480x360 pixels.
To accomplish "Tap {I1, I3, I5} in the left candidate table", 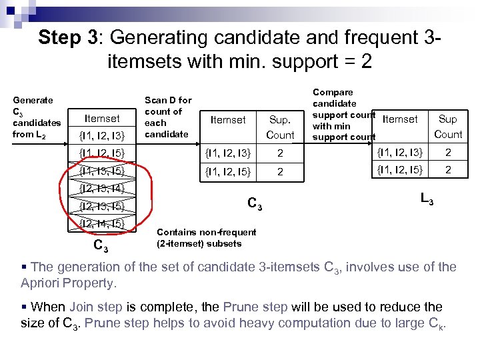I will click(x=102, y=171).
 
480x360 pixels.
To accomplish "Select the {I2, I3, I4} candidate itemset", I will click(x=102, y=189).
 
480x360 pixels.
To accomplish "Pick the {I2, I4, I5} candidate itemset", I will click(x=102, y=223).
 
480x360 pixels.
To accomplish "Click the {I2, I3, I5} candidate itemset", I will click(x=102, y=206).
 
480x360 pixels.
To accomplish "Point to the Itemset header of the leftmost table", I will click(x=102, y=119).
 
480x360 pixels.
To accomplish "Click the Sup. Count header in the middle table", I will click(x=280, y=127).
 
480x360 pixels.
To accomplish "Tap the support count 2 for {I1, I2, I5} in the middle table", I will click(x=280, y=172).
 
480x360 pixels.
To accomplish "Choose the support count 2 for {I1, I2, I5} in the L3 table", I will click(x=448, y=170).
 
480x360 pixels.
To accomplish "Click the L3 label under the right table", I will click(x=427, y=198).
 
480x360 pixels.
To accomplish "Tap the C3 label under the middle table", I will click(x=254, y=203).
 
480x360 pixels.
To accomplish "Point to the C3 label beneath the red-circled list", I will click(x=101, y=246).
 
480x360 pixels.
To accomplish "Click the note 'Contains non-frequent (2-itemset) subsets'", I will click(x=206, y=237).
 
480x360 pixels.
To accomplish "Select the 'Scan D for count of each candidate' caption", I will click(x=168, y=117).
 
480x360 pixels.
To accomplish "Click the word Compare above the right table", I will click(x=333, y=92).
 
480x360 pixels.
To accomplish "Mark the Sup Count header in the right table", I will click(x=448, y=127).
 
